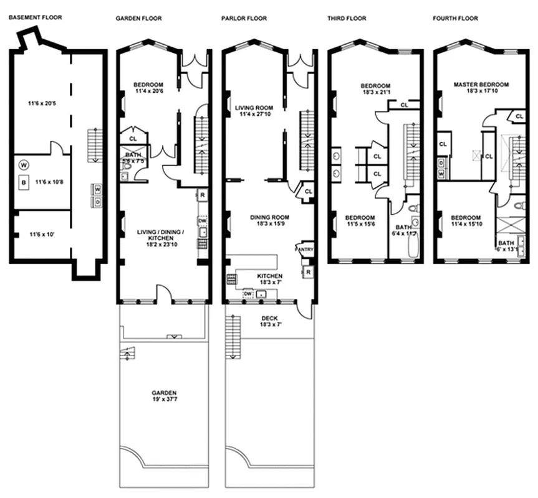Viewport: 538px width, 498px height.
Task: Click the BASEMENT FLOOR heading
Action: pos(37,18)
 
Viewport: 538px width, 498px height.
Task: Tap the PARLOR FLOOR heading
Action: pos(244,19)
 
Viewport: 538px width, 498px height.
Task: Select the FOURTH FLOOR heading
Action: pos(455,19)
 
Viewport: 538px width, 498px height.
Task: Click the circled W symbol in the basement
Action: pos(24,166)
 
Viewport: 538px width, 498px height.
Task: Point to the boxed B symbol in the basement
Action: pos(24,182)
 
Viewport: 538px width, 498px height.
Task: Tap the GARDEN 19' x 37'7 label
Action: pos(164,397)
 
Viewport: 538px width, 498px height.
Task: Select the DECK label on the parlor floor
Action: pos(270,317)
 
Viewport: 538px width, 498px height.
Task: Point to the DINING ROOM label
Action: pos(269,217)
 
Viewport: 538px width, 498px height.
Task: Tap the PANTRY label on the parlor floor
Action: pos(305,250)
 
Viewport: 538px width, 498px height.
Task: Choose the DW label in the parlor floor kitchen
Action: pos(247,293)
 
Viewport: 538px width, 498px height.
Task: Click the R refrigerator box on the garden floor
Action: pos(202,195)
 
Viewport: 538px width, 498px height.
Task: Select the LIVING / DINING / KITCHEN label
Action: pos(160,236)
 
